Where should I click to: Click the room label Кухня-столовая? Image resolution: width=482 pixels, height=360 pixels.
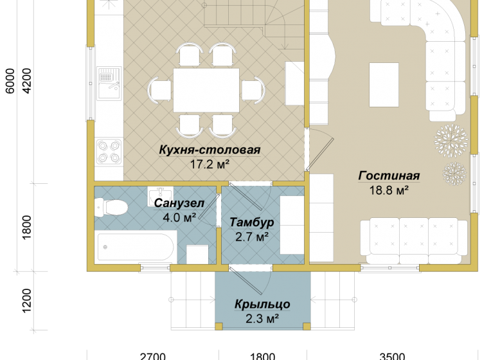210,150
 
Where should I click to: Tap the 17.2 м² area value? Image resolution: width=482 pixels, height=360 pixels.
210,164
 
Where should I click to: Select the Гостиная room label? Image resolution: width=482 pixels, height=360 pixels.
389,175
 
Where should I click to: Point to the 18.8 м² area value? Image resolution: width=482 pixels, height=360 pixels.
389,190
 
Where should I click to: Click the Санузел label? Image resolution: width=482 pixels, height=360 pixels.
179,203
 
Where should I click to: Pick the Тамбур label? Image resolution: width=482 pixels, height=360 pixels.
252,222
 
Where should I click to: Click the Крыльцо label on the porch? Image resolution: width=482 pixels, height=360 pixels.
262,304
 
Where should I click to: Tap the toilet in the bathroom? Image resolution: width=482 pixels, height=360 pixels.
111,208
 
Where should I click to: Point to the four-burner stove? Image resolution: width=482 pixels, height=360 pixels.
109,152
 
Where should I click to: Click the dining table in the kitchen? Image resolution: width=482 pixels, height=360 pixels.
206,90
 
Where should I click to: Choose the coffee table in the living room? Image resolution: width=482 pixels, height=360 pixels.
384,85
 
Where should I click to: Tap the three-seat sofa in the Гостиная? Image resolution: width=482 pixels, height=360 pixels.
415,241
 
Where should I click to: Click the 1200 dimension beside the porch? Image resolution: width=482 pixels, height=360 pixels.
27,300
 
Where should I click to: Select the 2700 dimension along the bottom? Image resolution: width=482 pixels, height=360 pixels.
153,357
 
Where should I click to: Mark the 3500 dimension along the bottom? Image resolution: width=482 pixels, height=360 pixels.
392,357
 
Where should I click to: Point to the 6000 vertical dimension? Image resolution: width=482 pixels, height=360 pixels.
10,81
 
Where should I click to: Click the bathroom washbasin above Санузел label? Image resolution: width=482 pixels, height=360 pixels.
160,196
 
